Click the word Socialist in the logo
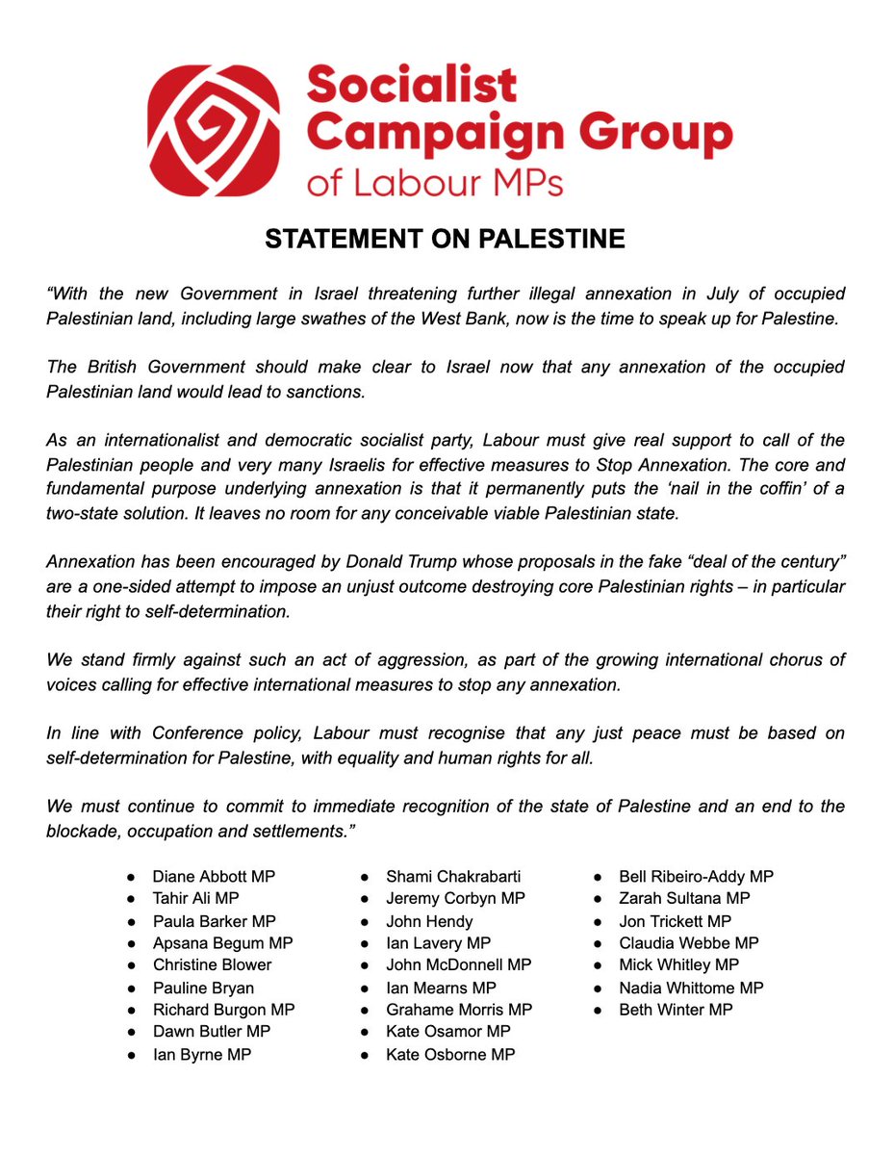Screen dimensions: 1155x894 [x=411, y=87]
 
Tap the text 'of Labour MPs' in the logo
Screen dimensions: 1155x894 [x=435, y=182]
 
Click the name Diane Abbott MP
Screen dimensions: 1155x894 [x=215, y=877]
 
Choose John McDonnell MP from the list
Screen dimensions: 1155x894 [x=459, y=964]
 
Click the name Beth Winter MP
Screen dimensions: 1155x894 [x=676, y=1010]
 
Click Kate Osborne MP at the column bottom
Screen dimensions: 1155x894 [x=450, y=1054]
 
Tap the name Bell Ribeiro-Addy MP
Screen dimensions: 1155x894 [x=696, y=877]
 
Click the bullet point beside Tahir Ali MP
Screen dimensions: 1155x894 [x=131, y=899]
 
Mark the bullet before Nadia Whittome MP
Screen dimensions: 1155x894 [x=598, y=988]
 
